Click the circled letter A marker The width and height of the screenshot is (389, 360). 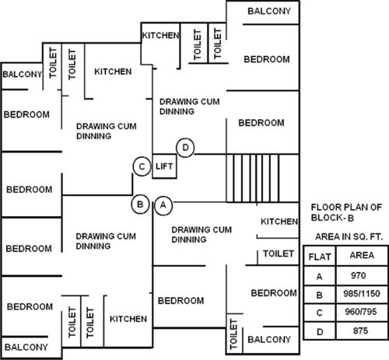(x=163, y=205)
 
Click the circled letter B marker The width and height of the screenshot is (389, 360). (x=139, y=204)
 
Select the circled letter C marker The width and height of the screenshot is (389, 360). (x=141, y=166)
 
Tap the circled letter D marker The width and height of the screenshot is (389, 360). (x=185, y=147)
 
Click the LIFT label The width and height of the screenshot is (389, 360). (x=164, y=166)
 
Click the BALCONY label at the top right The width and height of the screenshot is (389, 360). (x=269, y=11)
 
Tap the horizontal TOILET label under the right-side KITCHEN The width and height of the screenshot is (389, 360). (x=278, y=253)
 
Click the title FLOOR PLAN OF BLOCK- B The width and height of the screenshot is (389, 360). (x=345, y=212)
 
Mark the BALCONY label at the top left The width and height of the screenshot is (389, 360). (x=22, y=75)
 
